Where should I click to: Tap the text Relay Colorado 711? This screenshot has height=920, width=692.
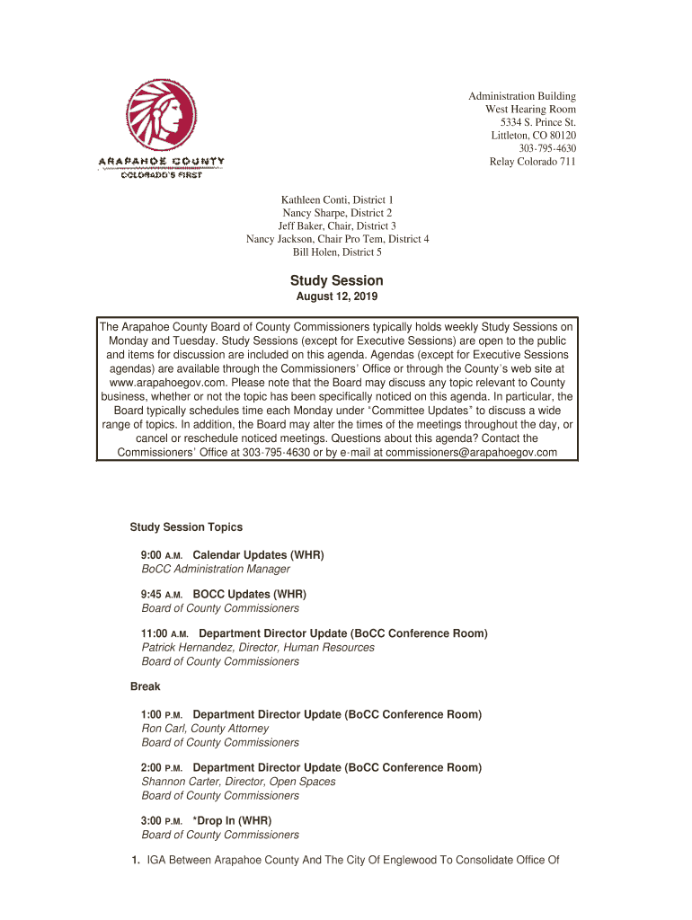532,162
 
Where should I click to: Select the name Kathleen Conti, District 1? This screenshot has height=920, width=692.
337,199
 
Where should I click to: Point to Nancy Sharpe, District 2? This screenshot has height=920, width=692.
337,213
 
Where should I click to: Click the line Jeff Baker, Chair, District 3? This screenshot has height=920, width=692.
337,226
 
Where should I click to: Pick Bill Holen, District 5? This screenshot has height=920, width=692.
337,252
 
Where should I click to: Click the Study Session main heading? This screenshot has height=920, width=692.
337,280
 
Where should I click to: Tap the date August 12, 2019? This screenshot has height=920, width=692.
337,297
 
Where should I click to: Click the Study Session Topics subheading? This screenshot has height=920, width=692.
186,527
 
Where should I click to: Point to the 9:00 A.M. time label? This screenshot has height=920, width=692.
162,555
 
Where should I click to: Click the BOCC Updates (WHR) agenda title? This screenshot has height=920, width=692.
250,595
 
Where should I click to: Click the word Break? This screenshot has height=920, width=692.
145,686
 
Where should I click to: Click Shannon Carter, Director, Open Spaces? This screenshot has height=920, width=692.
238,782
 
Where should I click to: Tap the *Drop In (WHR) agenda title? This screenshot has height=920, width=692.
232,821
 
